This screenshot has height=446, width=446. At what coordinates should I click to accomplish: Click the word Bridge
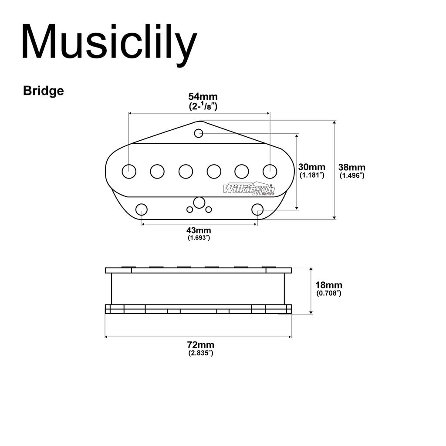tap(44, 91)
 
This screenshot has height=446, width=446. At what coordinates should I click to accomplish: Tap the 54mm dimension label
tap(203, 96)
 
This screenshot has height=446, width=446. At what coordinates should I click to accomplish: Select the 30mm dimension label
tap(312, 167)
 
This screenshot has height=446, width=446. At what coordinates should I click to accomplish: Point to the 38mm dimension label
tap(352, 167)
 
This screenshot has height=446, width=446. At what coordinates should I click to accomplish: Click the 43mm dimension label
tap(199, 230)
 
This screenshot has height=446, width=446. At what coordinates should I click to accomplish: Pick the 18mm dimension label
tap(329, 285)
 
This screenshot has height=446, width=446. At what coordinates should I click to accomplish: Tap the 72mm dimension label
tap(201, 345)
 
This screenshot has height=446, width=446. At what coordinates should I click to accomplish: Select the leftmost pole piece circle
tap(129, 172)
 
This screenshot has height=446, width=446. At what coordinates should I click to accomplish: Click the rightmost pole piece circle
tap(270, 172)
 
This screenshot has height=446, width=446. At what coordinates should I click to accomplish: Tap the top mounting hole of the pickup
tap(199, 133)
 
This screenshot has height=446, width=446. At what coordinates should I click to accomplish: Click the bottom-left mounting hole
tap(142, 209)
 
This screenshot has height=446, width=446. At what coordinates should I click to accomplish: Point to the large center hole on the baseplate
tap(199, 203)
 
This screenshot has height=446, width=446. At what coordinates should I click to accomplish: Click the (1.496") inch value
tap(352, 176)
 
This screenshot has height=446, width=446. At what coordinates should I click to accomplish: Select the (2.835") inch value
tap(201, 353)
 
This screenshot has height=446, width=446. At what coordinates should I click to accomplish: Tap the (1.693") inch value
tap(199, 238)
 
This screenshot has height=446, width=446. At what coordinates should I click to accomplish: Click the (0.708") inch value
tap(329, 293)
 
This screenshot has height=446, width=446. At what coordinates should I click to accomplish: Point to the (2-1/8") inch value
tap(203, 106)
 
